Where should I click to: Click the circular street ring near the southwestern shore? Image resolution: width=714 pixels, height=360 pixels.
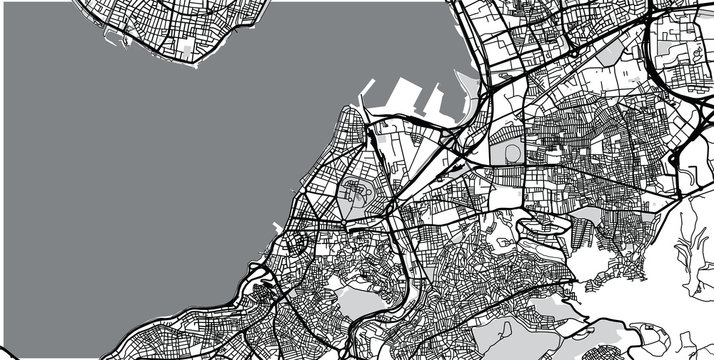coord(297,243)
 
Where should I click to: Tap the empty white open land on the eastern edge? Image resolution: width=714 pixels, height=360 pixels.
coord(690,240)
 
